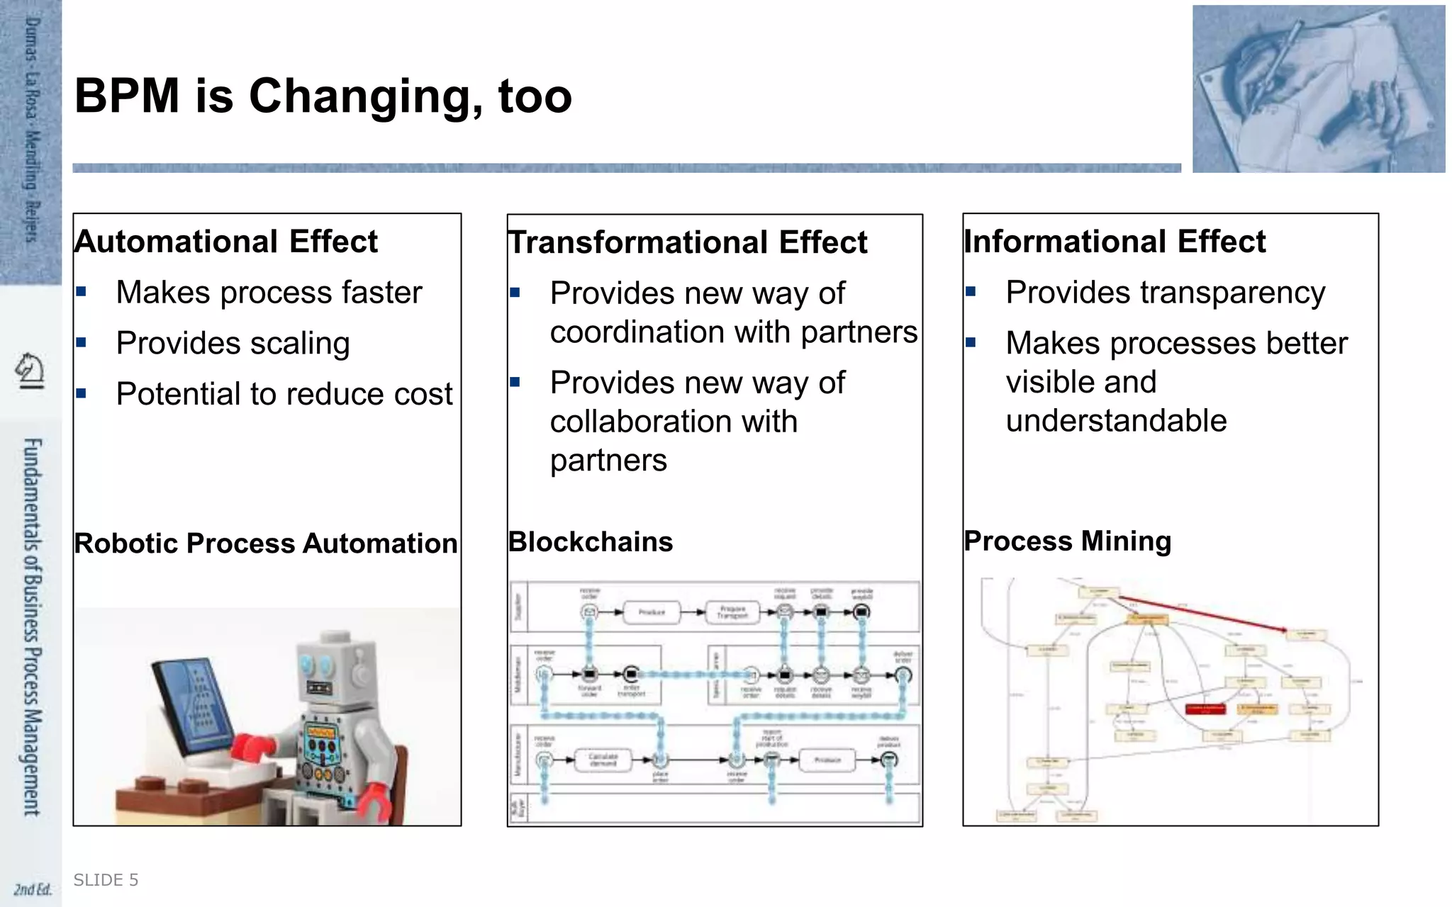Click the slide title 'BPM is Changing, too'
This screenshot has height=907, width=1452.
pos(323,96)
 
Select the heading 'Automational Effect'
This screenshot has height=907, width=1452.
pos(225,242)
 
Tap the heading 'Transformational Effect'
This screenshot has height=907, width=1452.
pos(687,242)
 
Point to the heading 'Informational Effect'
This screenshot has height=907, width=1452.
pos(1114,242)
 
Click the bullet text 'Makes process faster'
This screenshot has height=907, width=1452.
pos(269,293)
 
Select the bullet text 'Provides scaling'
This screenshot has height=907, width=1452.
pos(233,343)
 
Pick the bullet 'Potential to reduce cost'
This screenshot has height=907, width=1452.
pos(284,394)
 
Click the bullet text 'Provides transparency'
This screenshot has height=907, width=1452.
pos(1165,293)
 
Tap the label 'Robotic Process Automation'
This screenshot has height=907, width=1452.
pos(266,543)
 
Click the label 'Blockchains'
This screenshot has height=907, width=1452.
pos(590,542)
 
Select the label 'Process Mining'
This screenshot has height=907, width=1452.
pos(1067,541)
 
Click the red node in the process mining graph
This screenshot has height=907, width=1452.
pos(1205,709)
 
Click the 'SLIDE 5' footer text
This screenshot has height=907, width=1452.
pos(106,880)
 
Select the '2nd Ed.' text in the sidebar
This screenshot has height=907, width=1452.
pos(33,889)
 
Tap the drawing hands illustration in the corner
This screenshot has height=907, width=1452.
pos(1318,89)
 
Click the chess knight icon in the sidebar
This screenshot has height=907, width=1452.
pos(30,371)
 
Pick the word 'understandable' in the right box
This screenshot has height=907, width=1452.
pos(1115,421)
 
